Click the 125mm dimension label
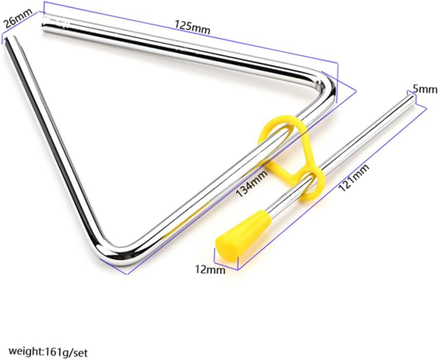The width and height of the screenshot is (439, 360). [193, 27]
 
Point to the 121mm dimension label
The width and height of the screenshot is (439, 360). [354, 178]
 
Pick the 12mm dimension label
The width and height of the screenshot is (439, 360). [210, 269]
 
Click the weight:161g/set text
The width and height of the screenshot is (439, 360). [48, 351]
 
